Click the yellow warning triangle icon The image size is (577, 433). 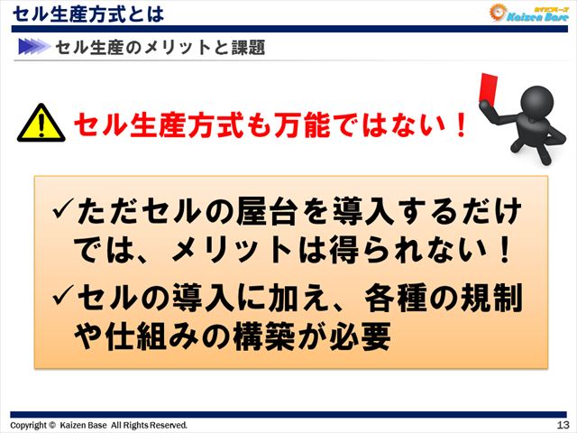[x=39, y=124]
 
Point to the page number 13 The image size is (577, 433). [x=563, y=425]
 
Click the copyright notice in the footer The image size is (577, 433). [x=99, y=425]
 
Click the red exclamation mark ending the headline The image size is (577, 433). [x=462, y=124]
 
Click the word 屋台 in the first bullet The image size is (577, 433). [x=264, y=214]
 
